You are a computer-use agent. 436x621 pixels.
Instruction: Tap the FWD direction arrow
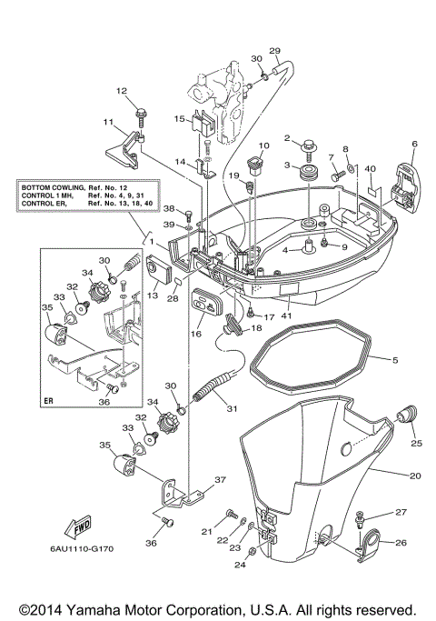pos(76,527)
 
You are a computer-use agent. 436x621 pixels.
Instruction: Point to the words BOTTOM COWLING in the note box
pos(53,187)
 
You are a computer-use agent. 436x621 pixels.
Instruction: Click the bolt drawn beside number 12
pos(144,115)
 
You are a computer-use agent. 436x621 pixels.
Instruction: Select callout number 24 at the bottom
pos(240,564)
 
